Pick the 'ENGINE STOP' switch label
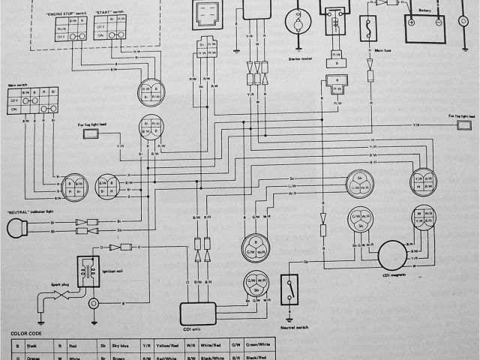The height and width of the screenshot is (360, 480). click(x=67, y=13)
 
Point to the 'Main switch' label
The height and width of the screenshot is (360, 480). click(x=17, y=85)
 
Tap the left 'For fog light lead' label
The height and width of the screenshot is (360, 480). click(x=92, y=124)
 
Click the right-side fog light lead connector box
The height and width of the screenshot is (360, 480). click(x=464, y=127)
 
